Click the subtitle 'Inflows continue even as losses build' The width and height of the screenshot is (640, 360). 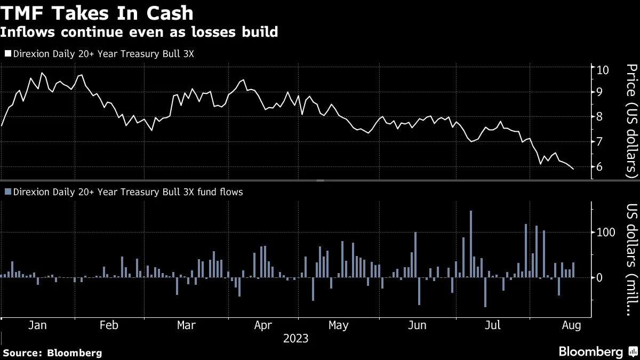[x=139, y=32]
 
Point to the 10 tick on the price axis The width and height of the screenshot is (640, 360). [x=603, y=69]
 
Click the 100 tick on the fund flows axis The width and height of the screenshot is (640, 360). [x=606, y=233]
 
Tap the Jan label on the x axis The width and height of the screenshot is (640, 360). [x=36, y=325]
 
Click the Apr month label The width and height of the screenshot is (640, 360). [x=263, y=325]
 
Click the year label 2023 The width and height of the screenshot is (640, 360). [x=295, y=338]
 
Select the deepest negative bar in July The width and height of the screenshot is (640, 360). [x=485, y=292]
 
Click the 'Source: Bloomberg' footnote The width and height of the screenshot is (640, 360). [x=52, y=353]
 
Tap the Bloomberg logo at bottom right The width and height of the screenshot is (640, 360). [x=597, y=351]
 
